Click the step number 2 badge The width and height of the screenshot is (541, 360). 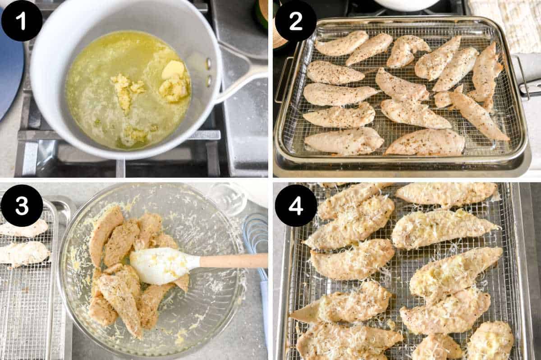click(x=295, y=21)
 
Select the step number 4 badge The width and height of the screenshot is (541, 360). click(x=295, y=205)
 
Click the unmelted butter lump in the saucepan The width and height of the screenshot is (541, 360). click(x=173, y=69)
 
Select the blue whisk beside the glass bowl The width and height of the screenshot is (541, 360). click(x=255, y=235)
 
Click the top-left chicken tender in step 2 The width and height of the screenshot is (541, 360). click(x=342, y=44)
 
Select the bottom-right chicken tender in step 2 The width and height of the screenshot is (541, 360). click(x=425, y=143)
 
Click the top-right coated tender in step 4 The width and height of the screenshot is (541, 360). click(x=446, y=193)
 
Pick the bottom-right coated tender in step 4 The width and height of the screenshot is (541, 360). click(x=490, y=341)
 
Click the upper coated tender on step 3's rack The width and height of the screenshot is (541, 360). click(x=25, y=229)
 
